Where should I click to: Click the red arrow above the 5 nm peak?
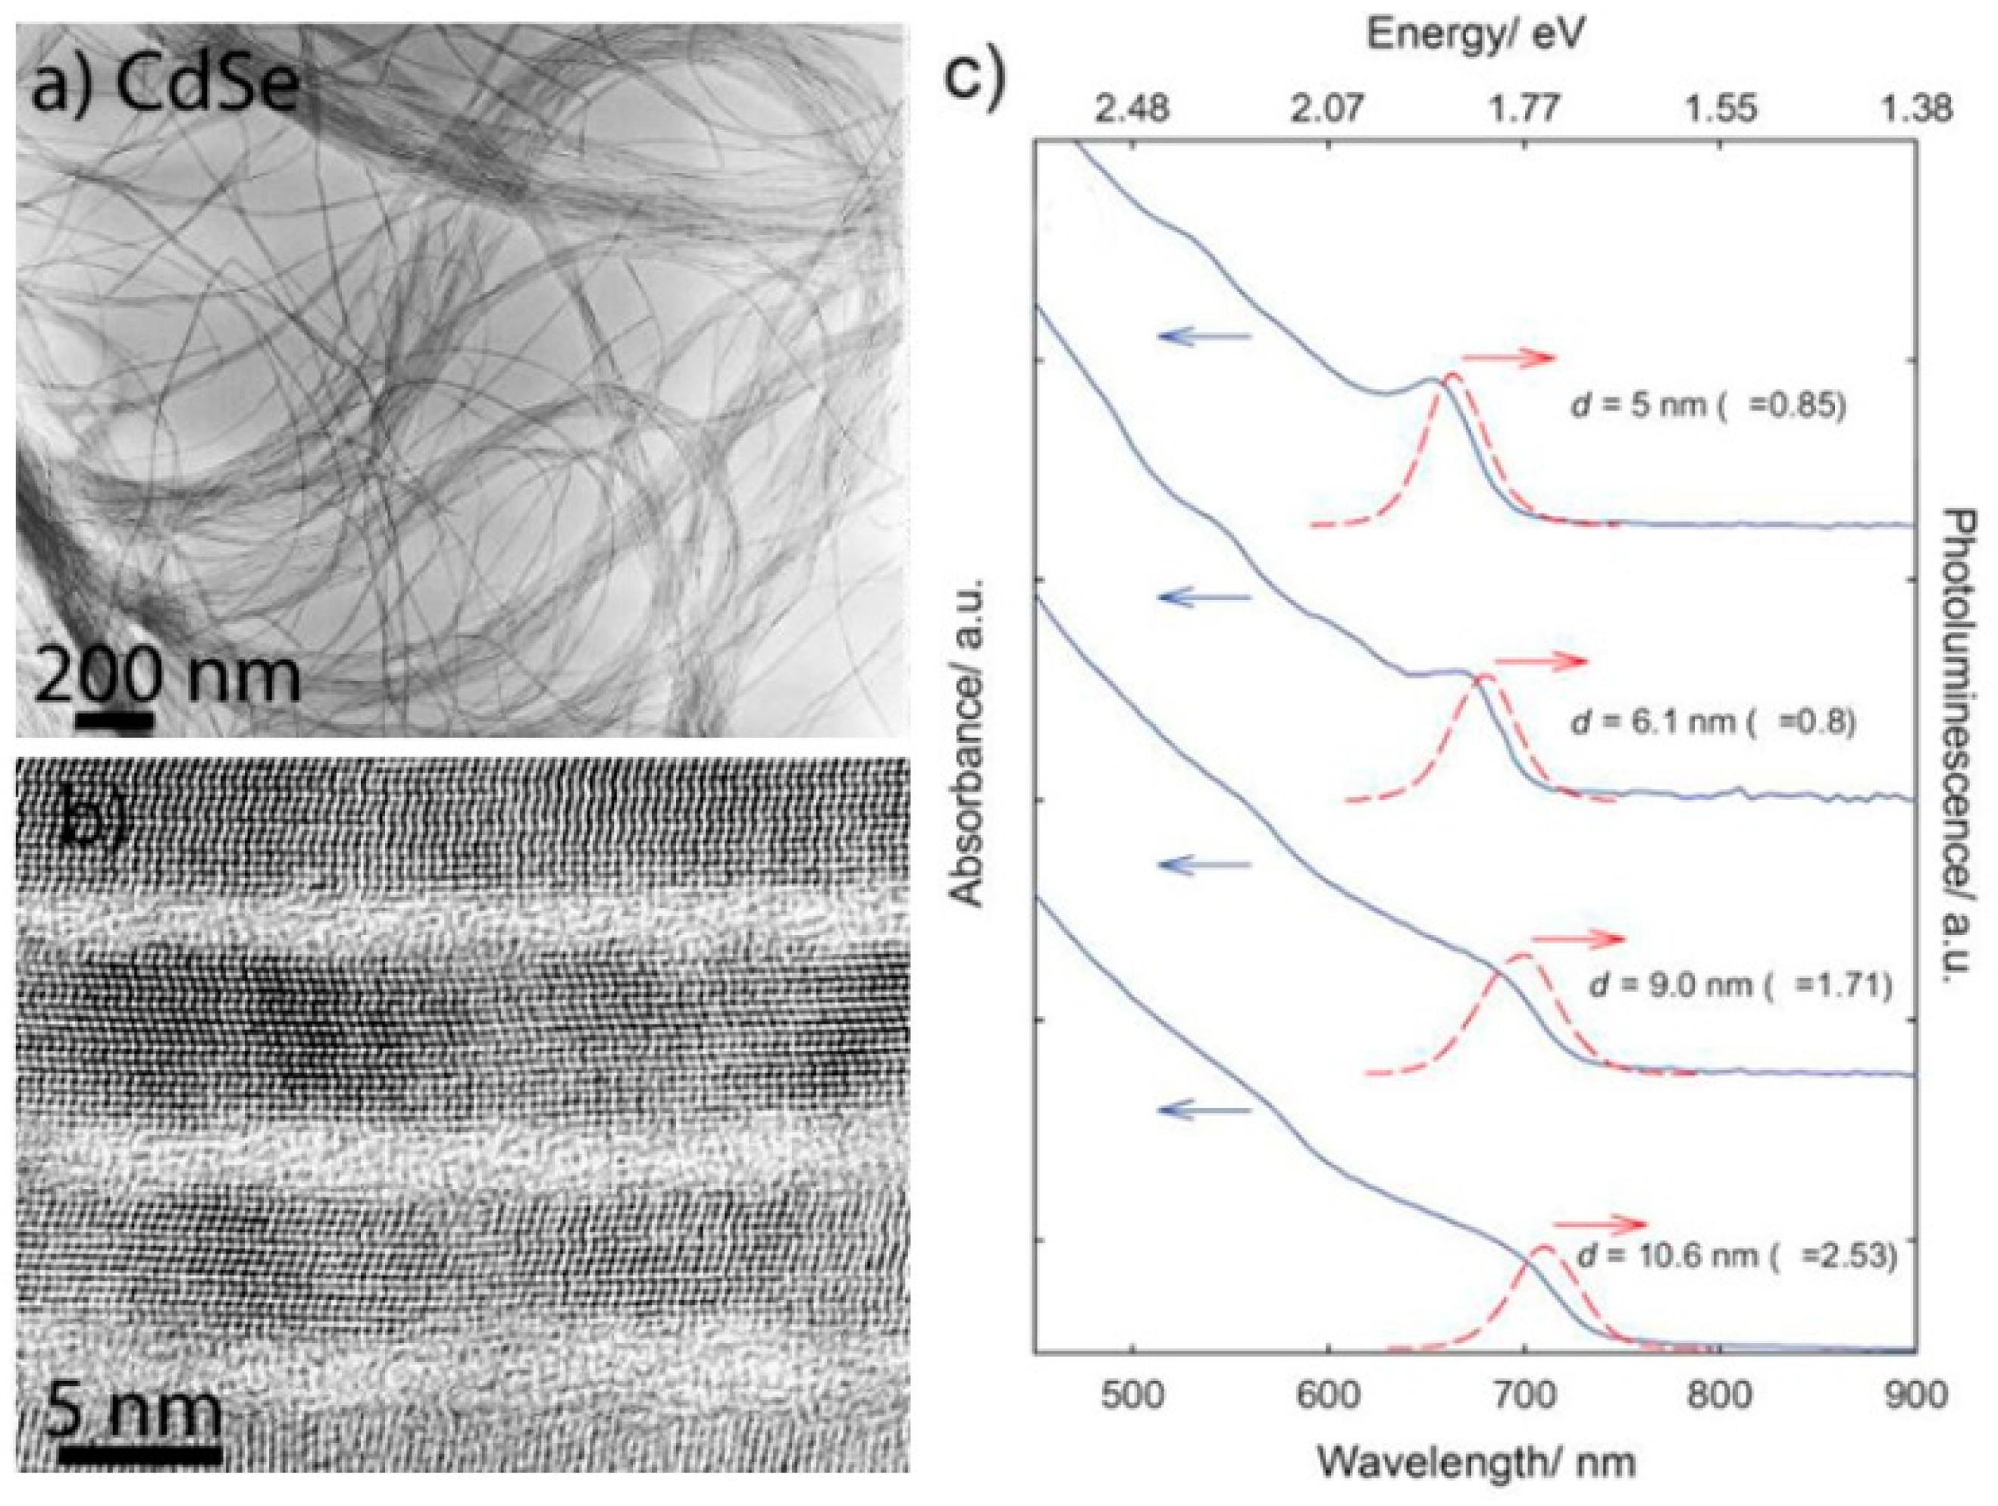click(x=1508, y=359)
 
